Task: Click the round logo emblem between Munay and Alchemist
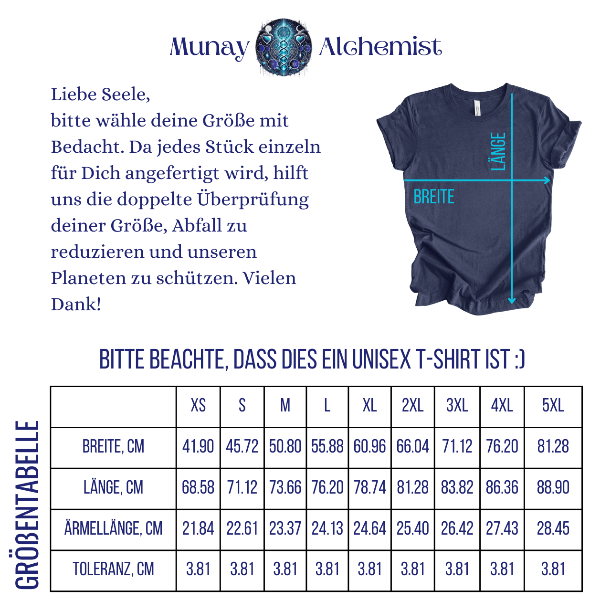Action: [284, 47]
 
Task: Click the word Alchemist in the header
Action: [380, 47]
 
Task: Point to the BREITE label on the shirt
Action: [434, 197]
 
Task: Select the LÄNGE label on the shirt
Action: [498, 151]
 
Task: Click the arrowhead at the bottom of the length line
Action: [512, 301]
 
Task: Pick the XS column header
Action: [198, 406]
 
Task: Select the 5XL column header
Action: [553, 406]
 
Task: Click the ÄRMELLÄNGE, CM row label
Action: [114, 529]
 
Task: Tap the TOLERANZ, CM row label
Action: [114, 569]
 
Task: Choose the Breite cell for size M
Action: [285, 447]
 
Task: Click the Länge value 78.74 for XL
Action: [370, 488]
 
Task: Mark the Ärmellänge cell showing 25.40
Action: [413, 529]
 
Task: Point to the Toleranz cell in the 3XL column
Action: [457, 569]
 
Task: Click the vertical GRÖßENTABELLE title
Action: [27, 505]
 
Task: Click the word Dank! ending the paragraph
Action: [76, 304]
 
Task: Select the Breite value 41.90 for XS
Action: [198, 447]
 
